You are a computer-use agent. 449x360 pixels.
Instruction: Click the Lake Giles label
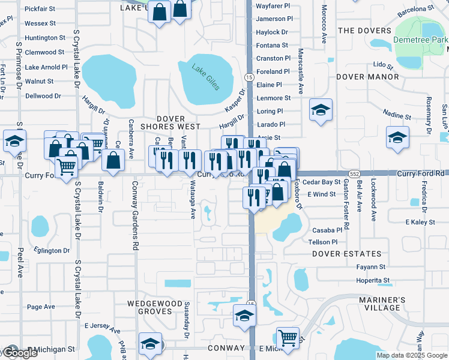click(205, 78)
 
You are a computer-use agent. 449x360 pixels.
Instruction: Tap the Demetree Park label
click(420, 40)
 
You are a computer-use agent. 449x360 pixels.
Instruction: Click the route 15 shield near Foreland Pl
click(248, 77)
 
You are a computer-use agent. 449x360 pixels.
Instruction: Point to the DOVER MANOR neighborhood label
click(367, 77)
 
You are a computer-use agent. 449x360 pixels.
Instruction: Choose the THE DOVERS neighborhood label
click(364, 31)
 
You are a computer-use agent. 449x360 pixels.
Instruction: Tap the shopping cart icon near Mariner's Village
click(288, 337)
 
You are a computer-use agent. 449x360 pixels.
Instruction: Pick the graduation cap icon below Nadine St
click(397, 137)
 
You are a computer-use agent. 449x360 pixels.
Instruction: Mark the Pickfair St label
click(40, 9)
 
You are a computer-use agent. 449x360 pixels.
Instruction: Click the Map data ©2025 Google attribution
click(411, 355)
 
